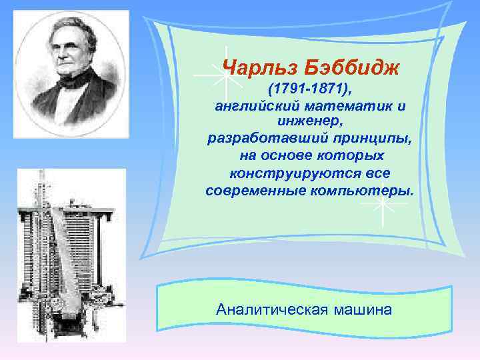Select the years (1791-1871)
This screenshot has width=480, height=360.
coord(310,89)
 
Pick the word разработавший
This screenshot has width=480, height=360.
coord(261,139)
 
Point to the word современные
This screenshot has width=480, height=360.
coord(257,191)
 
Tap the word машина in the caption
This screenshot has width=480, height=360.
coord(364,310)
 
